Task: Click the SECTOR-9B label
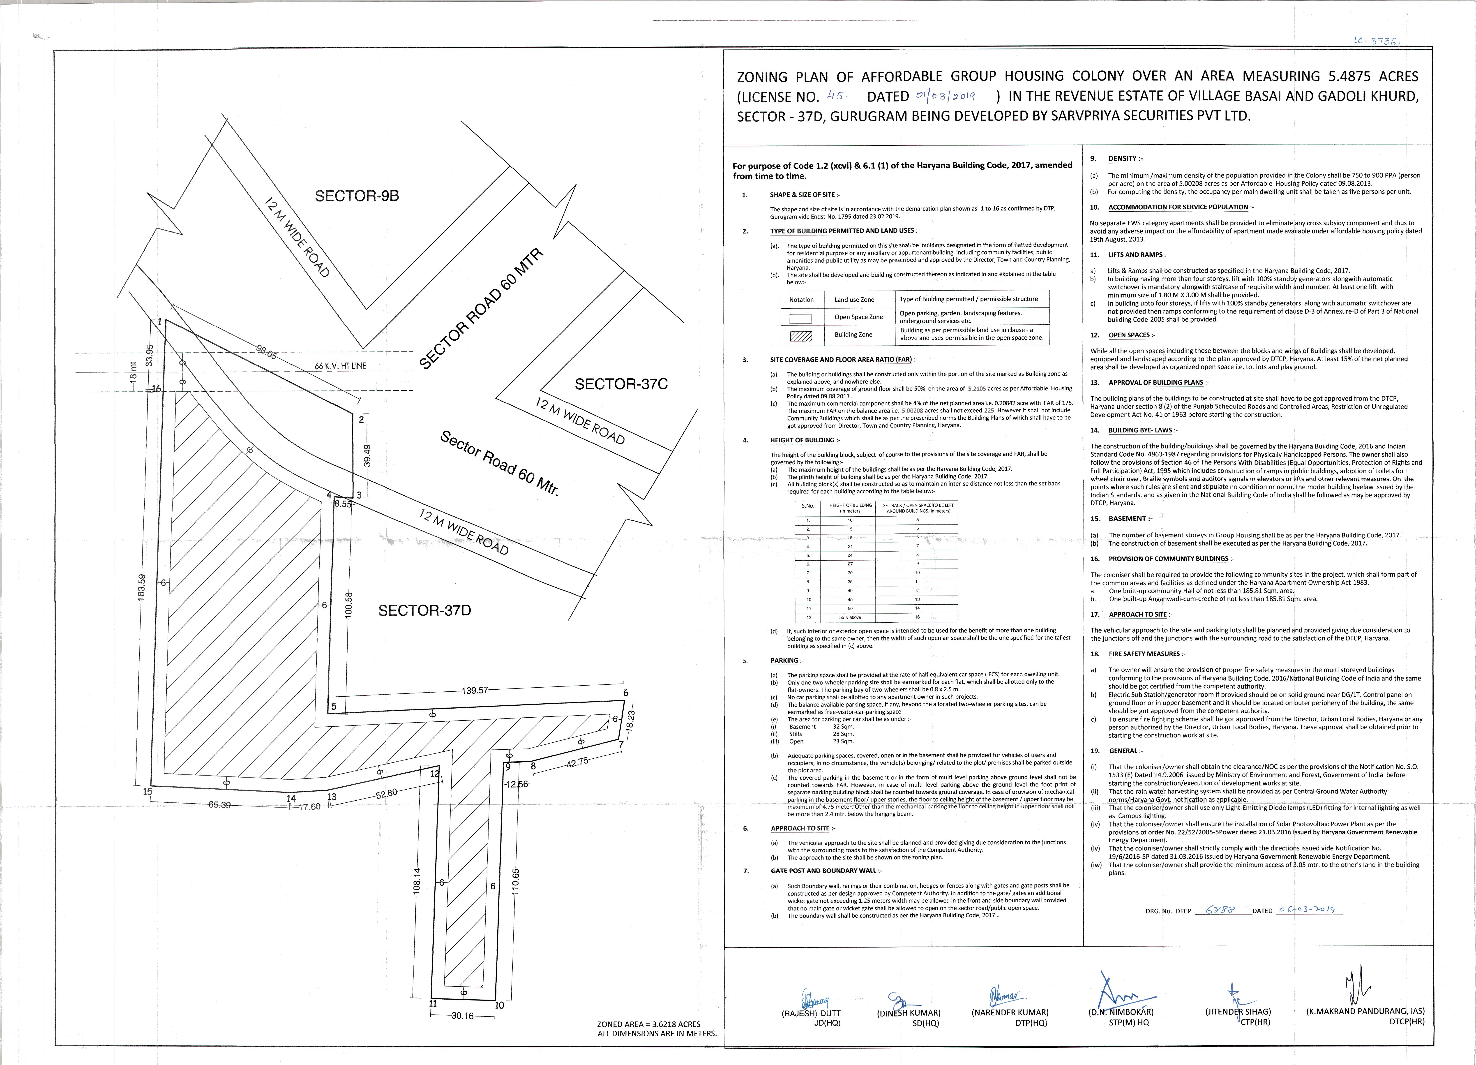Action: click(x=357, y=196)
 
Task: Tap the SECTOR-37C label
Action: click(x=621, y=384)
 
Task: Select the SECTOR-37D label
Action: click(x=424, y=611)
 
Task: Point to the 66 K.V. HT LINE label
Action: click(x=340, y=366)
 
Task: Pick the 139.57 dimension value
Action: click(x=475, y=691)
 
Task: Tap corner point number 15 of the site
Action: click(x=148, y=792)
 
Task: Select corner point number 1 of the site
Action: click(x=159, y=322)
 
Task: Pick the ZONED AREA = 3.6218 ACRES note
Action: click(x=649, y=1024)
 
